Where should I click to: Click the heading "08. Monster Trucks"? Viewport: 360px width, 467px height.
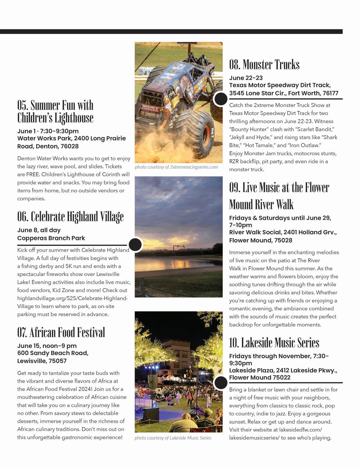point(264,65)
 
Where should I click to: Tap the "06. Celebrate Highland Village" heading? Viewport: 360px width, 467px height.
point(70,217)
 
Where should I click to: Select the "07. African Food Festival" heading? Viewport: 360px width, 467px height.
point(61,332)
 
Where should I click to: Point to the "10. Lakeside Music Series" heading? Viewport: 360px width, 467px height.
point(274,343)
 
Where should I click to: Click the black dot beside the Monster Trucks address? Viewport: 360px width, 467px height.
point(220,99)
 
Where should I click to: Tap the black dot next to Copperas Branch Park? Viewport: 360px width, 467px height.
point(135,244)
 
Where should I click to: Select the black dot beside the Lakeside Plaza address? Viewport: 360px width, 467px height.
point(220,383)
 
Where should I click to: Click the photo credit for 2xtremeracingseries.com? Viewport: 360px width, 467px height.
point(176,167)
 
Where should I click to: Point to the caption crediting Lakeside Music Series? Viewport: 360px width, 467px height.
point(173,438)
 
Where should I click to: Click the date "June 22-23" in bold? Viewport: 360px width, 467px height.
point(246,78)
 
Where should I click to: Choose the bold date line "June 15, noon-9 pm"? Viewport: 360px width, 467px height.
point(47,346)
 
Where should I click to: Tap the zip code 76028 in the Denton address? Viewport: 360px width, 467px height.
point(70,146)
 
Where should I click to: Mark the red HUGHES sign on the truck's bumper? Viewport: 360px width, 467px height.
point(150,108)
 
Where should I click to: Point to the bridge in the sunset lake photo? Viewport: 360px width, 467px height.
point(174,249)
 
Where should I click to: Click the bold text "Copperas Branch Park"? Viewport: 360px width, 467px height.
point(51,238)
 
